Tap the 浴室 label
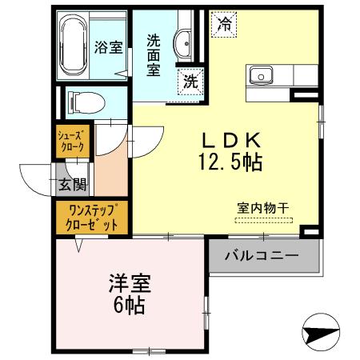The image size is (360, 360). pos(107,46)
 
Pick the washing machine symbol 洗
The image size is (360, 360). pos(191,80)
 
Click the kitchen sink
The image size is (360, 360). pos(261,76)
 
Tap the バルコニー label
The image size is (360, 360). pos(261,257)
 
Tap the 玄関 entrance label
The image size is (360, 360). pos(69,185)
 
